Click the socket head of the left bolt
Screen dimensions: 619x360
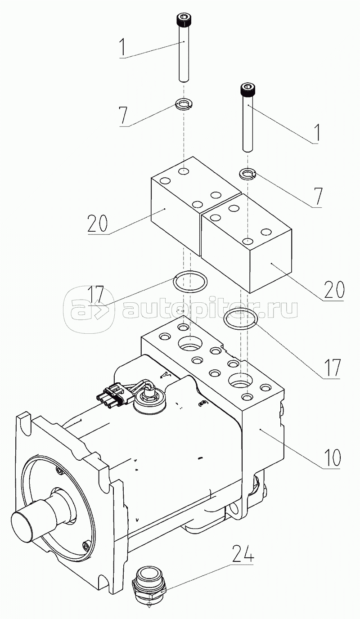184,20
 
